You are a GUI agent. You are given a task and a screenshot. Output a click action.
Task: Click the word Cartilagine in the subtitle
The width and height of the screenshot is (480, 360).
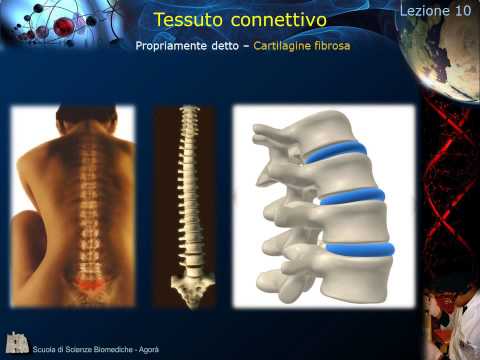[288, 47]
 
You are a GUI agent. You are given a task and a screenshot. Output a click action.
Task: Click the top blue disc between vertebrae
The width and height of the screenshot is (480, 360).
[336, 153]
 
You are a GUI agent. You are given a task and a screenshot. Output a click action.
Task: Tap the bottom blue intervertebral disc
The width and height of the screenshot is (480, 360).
[360, 249]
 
